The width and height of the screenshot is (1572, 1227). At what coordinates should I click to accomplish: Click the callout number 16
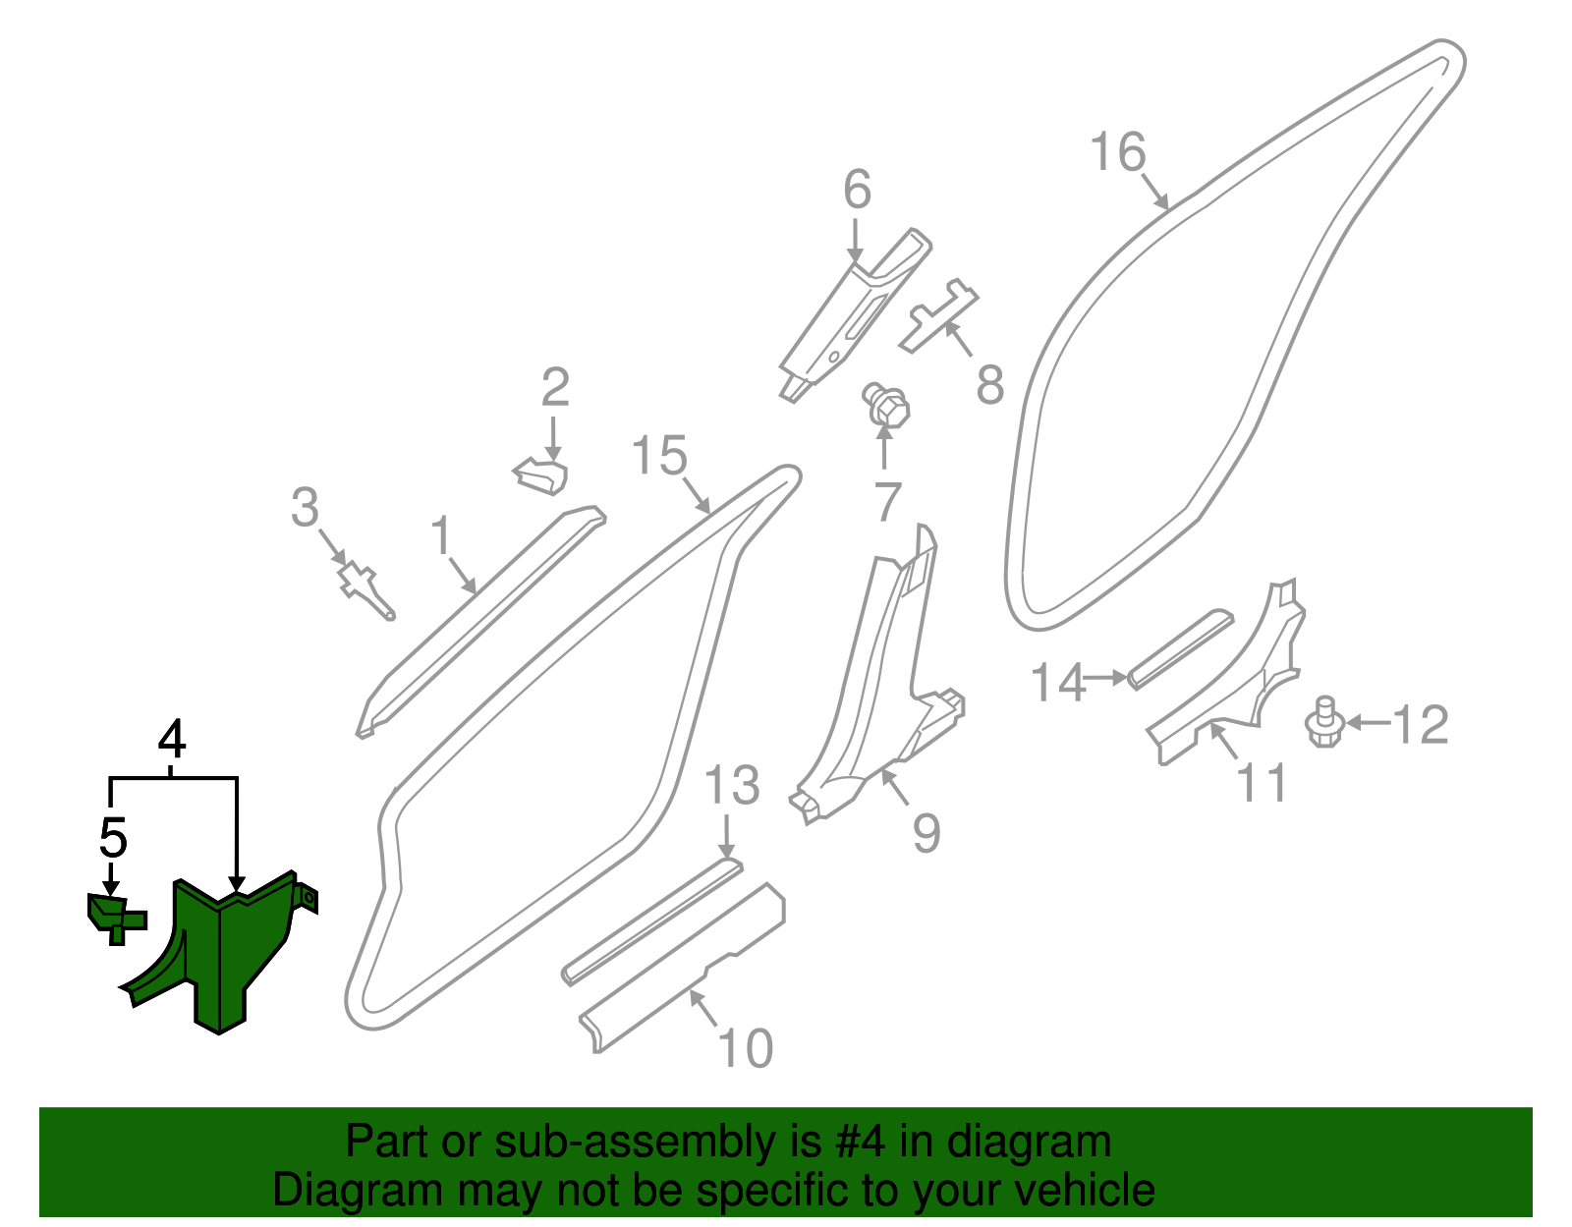click(x=1118, y=153)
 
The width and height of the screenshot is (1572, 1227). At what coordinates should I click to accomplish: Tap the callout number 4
click(x=172, y=739)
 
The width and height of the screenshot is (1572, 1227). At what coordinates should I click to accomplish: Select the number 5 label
click(x=113, y=838)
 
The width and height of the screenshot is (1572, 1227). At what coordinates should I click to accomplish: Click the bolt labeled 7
click(x=886, y=405)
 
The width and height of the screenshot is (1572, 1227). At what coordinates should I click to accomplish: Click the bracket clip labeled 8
click(x=938, y=314)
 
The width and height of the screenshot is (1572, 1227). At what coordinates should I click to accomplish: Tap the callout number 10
click(x=746, y=1048)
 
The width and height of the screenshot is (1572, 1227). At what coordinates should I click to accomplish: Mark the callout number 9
click(x=926, y=833)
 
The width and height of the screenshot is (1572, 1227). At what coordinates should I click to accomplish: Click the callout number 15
click(x=659, y=456)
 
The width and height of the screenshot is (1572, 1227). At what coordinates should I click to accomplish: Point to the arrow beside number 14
click(x=1107, y=678)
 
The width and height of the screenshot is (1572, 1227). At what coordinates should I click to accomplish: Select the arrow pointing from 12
click(x=1368, y=723)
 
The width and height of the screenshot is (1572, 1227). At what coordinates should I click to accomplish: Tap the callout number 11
click(x=1262, y=784)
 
